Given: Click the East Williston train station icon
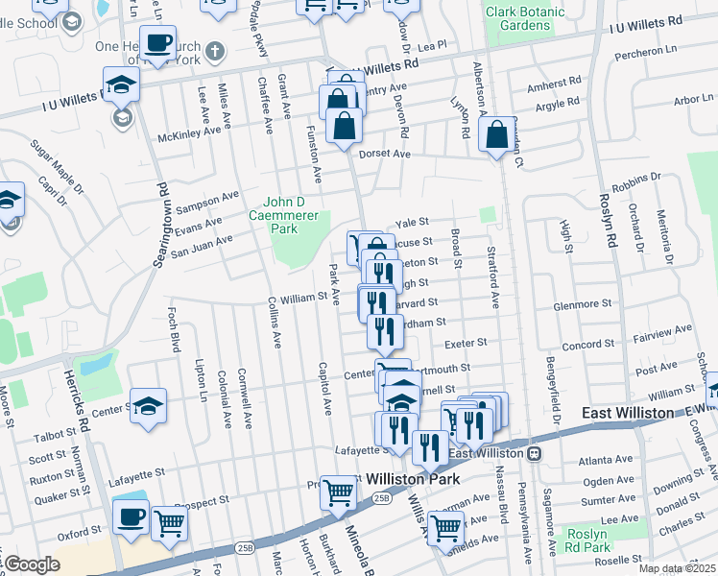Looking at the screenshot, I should tap(535, 453).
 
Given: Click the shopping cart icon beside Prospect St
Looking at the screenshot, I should tap(338, 492).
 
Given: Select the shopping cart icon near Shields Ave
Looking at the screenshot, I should tap(445, 527).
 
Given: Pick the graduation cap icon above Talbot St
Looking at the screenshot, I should tap(149, 406).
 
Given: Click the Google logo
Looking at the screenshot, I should tap(33, 564).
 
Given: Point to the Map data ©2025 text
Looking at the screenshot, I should tap(677, 568).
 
